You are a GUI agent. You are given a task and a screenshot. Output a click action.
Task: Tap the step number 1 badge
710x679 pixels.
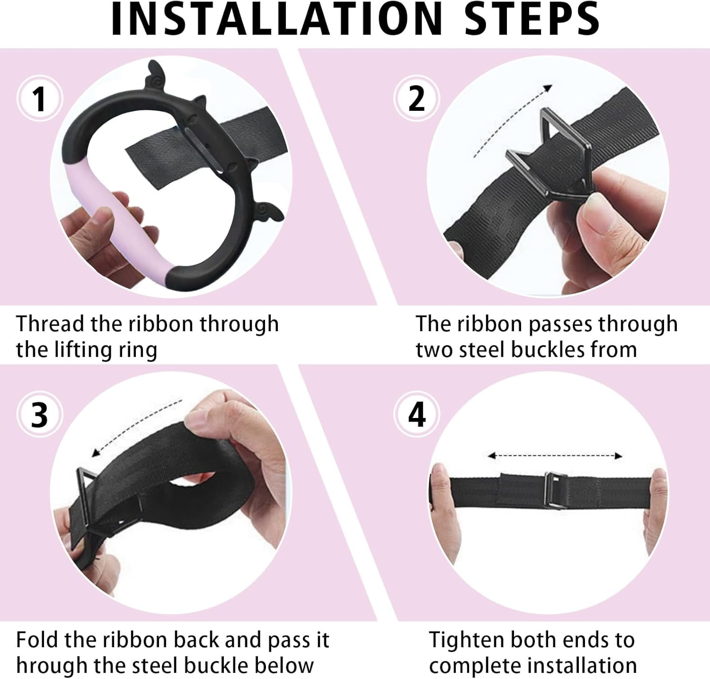(40, 99)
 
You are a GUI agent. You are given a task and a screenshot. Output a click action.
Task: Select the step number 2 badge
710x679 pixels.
(417, 99)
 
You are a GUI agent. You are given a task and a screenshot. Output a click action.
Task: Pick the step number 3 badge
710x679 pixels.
(40, 415)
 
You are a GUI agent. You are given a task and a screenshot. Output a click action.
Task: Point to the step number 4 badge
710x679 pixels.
(417, 415)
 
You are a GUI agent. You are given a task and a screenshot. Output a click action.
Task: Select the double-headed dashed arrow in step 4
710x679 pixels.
(555, 456)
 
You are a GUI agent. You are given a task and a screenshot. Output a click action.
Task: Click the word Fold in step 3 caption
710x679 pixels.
(37, 640)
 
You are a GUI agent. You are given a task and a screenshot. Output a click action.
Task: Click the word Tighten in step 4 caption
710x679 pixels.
(467, 640)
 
